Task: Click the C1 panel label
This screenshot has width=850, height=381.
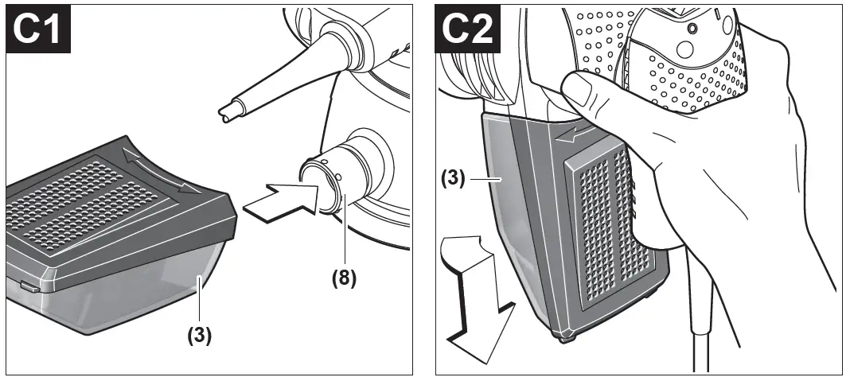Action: click(x=41, y=30)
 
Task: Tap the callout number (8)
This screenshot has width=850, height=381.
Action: click(x=343, y=279)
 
